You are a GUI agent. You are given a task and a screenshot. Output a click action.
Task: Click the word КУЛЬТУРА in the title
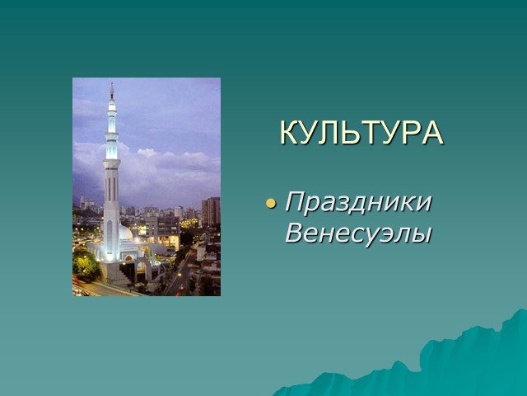point(361,132)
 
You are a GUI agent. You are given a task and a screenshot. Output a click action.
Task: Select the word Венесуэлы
point(358,233)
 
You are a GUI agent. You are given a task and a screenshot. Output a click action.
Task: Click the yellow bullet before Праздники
point(271,204)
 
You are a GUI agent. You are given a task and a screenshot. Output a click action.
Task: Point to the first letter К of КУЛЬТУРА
point(290,132)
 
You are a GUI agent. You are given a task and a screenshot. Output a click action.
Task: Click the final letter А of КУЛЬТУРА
point(432,132)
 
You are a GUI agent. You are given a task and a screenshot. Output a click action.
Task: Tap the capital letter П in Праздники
point(296,201)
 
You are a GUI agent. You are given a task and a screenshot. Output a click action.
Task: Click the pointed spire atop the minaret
point(112,90)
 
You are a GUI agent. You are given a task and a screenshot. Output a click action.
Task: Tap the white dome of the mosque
point(126,232)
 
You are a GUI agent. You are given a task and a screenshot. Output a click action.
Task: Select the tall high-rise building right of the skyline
point(211,211)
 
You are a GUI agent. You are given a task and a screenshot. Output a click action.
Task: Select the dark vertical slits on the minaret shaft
point(111,188)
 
